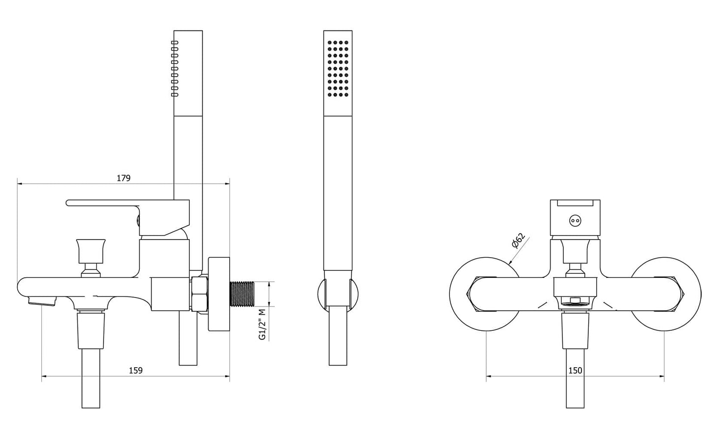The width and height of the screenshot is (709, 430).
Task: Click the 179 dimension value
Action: point(124,178)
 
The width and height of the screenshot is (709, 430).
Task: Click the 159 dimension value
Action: point(135,371)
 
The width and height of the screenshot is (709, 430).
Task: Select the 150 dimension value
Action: point(576,371)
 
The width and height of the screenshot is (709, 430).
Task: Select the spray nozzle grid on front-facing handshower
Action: point(338,68)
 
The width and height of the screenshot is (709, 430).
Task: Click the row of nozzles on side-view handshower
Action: point(174,68)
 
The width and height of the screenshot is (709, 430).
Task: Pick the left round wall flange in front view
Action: point(471,294)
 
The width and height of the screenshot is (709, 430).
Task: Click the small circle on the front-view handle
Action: point(575,221)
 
